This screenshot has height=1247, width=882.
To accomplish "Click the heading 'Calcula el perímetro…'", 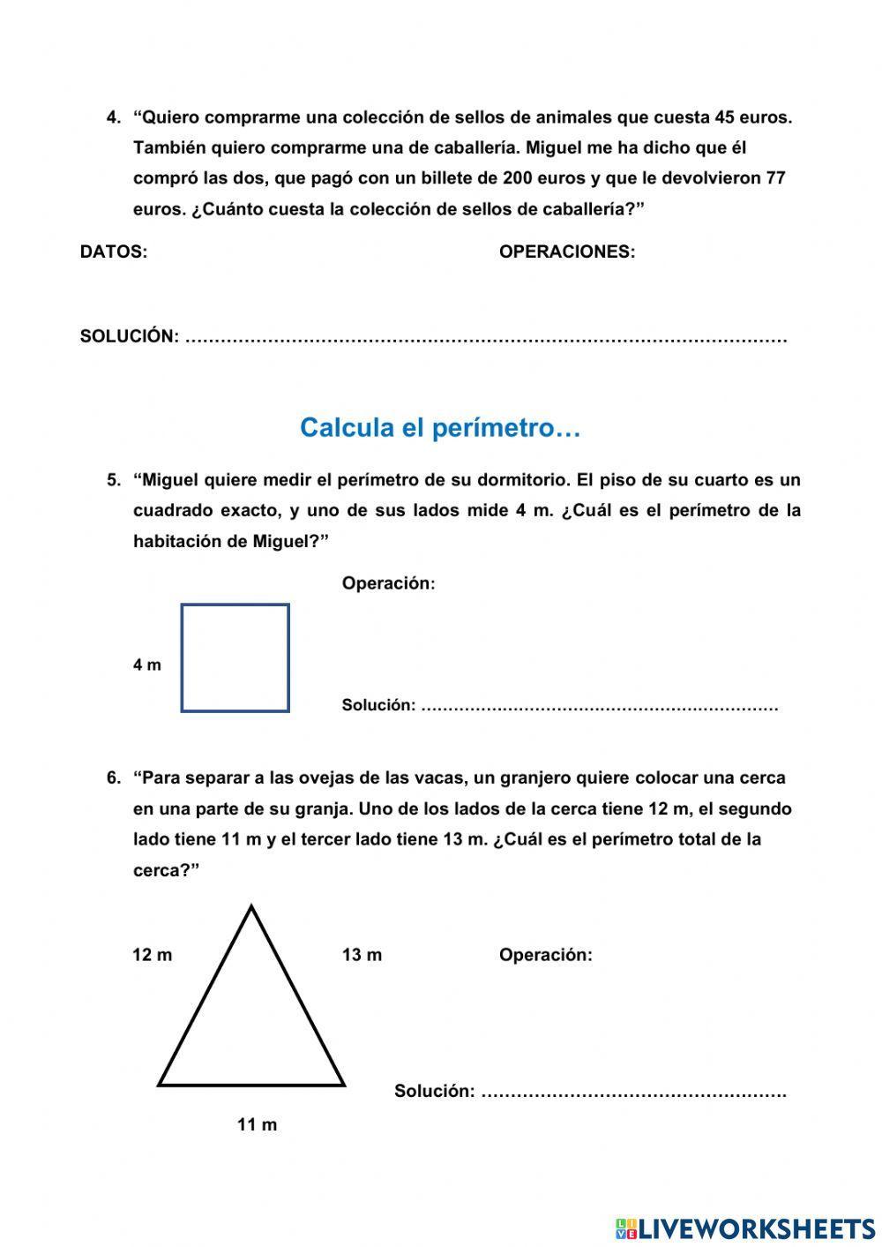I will (440, 428).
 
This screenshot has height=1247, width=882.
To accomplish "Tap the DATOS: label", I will (114, 252).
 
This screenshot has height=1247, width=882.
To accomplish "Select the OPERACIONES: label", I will (566, 252).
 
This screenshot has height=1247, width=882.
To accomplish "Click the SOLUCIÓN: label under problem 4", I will (130, 336).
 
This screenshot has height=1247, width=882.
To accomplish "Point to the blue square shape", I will (235, 657).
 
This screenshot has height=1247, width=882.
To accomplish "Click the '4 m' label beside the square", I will (147, 665).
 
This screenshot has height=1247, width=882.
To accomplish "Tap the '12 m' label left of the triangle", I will (152, 955).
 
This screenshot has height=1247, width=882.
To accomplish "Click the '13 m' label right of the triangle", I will (362, 955).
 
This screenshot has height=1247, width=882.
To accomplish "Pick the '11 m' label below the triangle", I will (257, 1124).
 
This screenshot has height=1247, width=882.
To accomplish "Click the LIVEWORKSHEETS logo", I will (744, 1228).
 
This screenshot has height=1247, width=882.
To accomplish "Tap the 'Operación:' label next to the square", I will (388, 583).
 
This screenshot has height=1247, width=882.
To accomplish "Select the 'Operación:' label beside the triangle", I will (545, 955).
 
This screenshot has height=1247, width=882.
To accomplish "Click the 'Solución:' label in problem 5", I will (378, 705).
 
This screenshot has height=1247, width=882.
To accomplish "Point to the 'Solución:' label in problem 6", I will (434, 1091).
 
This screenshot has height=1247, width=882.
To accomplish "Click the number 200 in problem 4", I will (517, 178).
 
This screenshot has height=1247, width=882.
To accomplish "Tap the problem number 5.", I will (114, 481).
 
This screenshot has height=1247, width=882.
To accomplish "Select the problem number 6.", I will (114, 778).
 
